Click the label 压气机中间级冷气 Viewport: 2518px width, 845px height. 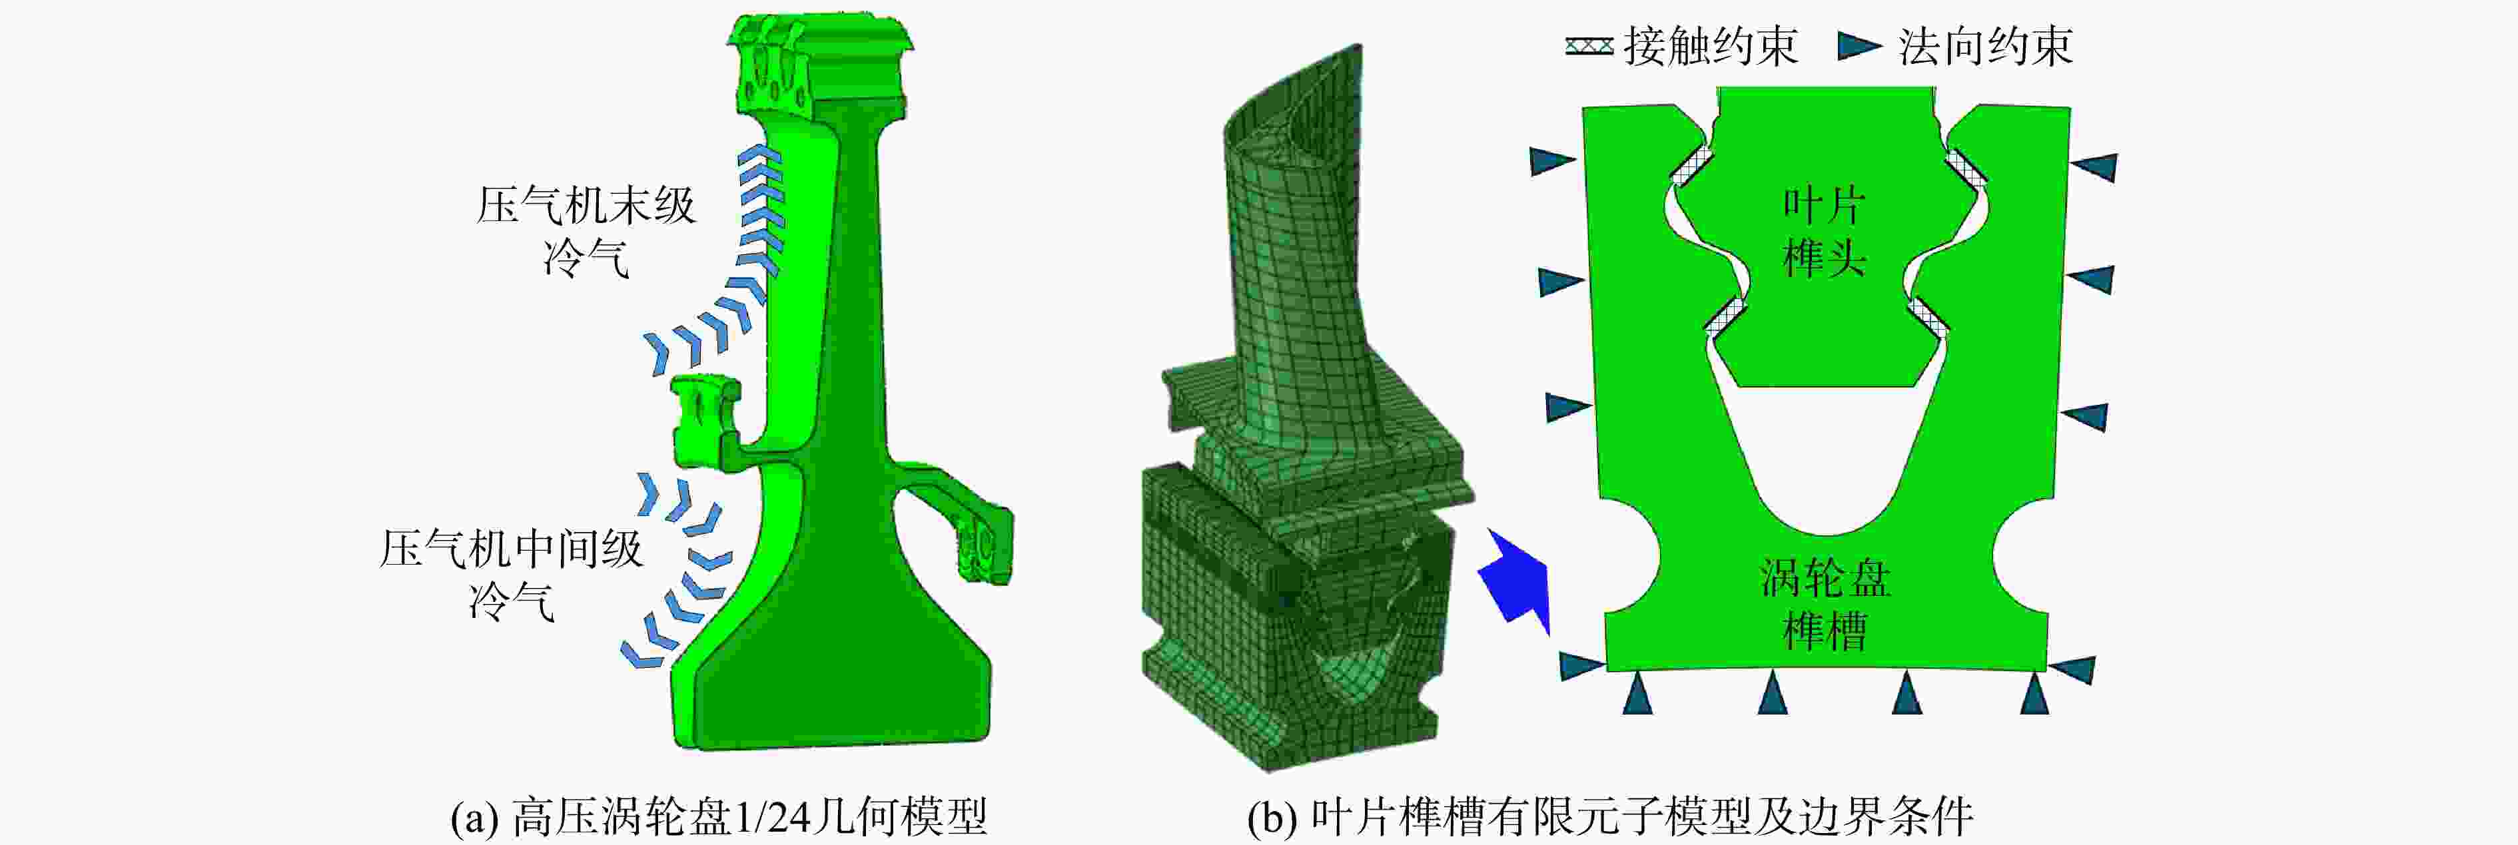(x=511, y=575)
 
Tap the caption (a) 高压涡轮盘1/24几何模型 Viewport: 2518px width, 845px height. (x=719, y=816)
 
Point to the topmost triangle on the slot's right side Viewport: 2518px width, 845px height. (x=2094, y=167)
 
